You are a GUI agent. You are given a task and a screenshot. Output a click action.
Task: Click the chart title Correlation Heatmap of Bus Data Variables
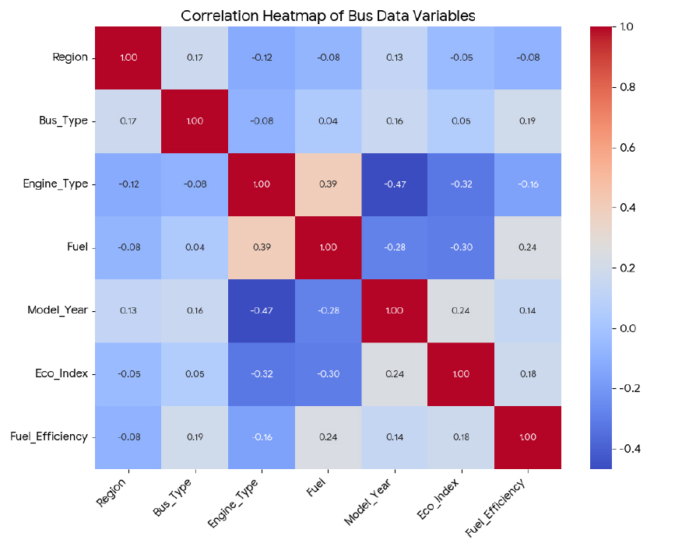(328, 16)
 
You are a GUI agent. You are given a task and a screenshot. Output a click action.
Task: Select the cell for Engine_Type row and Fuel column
(328, 184)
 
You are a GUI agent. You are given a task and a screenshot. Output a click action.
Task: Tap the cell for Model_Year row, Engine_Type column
(262, 310)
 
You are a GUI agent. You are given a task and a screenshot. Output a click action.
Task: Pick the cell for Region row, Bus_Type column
(195, 58)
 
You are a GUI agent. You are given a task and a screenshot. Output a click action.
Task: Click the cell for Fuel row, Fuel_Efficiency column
(527, 247)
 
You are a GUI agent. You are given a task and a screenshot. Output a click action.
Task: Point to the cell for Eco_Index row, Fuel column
(328, 374)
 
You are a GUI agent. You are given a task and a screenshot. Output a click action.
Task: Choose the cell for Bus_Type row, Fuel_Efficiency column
(527, 121)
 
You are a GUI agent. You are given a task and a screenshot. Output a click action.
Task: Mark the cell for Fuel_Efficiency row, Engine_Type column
(262, 437)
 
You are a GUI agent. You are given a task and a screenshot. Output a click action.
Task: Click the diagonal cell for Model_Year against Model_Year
(395, 310)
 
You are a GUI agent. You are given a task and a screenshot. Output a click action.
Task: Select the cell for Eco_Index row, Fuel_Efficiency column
(527, 374)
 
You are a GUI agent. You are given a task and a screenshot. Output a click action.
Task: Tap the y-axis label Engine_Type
(62, 184)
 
